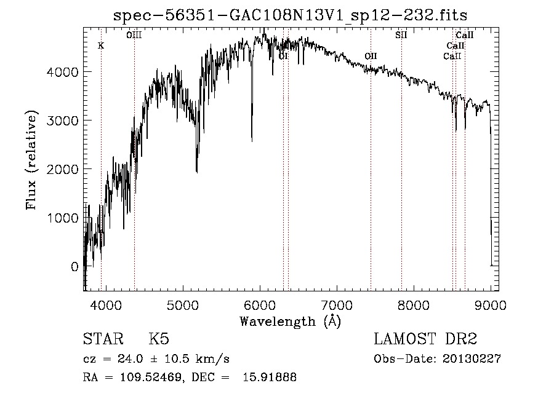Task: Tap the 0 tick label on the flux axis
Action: pyautogui.click(x=74, y=267)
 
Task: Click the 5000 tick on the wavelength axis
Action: pyautogui.click(x=182, y=304)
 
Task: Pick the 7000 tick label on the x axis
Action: pyautogui.click(x=337, y=304)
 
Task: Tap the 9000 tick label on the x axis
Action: pyautogui.click(x=491, y=304)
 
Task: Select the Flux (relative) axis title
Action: pyautogui.click(x=31, y=160)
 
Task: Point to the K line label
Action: pyautogui.click(x=101, y=46)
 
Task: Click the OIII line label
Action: pyautogui.click(x=134, y=35)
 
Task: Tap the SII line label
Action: pyautogui.click(x=401, y=35)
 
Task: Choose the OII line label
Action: pyautogui.click(x=371, y=57)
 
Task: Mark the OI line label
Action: pyautogui.click(x=283, y=57)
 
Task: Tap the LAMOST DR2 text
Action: pyautogui.click(x=425, y=340)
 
